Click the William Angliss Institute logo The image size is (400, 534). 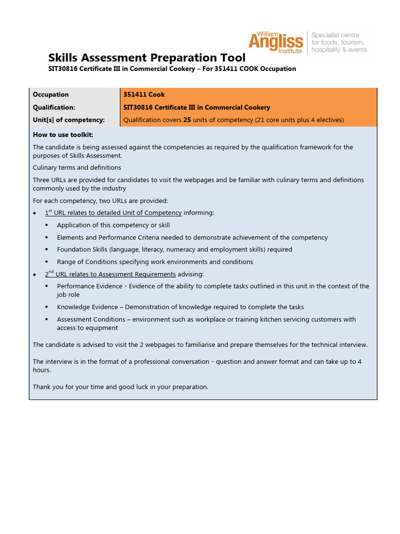[x=276, y=41]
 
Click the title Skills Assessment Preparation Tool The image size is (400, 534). [x=147, y=57]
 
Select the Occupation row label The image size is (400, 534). [x=51, y=94]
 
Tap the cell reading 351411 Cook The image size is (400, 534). [x=144, y=94]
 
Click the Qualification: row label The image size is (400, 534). [x=54, y=107]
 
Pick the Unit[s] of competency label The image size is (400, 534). [x=69, y=120]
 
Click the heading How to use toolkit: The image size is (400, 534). [x=63, y=135]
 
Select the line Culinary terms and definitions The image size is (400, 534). [x=77, y=167]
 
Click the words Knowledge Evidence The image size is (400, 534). [x=87, y=307]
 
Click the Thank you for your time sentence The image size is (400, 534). [x=120, y=387]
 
